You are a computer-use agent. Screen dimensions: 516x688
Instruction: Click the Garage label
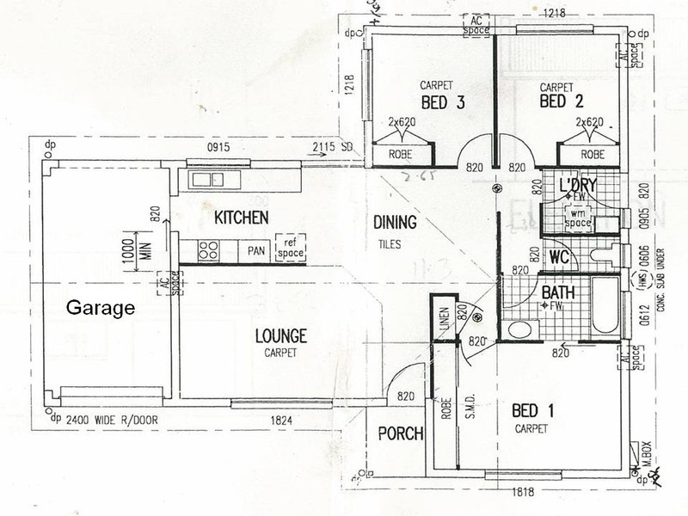point(101,306)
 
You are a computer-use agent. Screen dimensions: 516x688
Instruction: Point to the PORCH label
point(401,433)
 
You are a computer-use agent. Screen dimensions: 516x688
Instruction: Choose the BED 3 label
point(443,103)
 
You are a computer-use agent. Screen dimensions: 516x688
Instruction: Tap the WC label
point(560,256)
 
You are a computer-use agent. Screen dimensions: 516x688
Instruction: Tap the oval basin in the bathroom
point(520,330)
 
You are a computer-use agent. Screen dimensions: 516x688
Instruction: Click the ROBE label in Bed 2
point(593,156)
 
